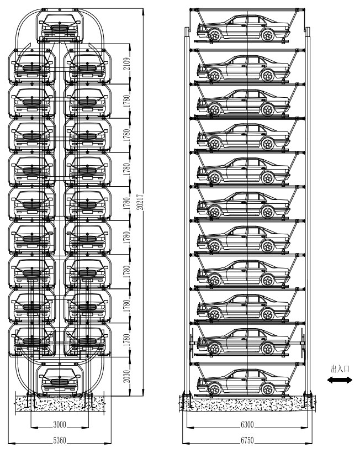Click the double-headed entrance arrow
[x=340, y=381]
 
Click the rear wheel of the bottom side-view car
[x=268, y=389]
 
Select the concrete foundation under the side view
[x=247, y=403]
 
